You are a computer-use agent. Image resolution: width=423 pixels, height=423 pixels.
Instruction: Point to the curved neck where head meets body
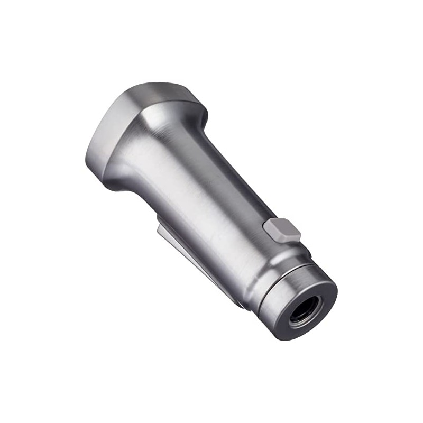click(x=159, y=137)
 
